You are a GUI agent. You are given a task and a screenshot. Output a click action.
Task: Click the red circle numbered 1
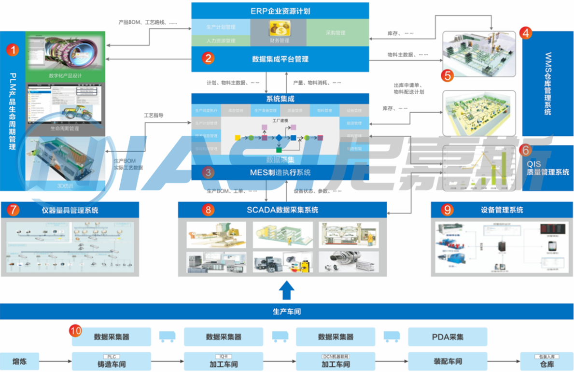(x=13, y=49)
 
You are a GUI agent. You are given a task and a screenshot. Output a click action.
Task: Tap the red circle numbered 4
(x=526, y=33)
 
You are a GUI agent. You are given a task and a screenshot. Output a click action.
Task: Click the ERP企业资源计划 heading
(x=280, y=11)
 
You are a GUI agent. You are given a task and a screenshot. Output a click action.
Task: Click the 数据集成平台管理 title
(x=280, y=59)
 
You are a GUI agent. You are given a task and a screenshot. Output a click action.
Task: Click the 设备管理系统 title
(x=502, y=210)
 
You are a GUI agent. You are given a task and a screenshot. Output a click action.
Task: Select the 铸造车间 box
(x=111, y=362)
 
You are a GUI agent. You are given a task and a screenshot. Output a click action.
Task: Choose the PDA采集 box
(x=448, y=337)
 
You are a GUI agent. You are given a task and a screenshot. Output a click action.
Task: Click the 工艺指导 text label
(x=154, y=116)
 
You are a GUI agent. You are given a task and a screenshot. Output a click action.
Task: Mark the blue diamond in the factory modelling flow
(x=279, y=138)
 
